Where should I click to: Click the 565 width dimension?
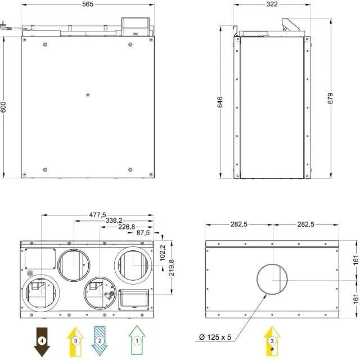[x=88, y=4]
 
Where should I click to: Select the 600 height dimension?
[x=3, y=107]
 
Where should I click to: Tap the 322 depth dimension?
[x=272, y=4]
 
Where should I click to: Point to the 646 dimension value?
[x=220, y=102]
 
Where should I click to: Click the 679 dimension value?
[x=330, y=98]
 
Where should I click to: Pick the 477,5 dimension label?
[x=97, y=215]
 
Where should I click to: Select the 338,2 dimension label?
[x=114, y=220]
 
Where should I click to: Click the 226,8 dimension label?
[x=127, y=227]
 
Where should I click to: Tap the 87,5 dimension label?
[x=143, y=233]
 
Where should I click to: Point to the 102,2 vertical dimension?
[x=163, y=253]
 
